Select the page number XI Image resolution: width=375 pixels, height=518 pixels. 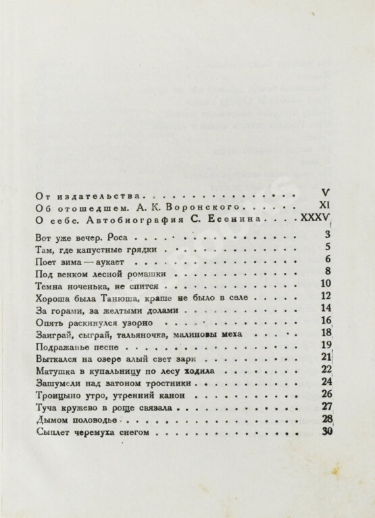322,204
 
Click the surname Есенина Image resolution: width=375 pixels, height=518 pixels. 243,220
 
